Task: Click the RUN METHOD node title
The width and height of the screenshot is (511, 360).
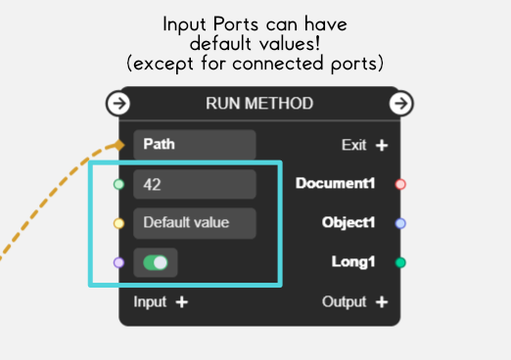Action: tap(259, 103)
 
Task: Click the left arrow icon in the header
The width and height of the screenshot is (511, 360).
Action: tap(117, 103)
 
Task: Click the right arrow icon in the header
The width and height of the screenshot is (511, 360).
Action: tap(400, 103)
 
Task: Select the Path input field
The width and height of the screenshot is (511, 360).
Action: tap(194, 145)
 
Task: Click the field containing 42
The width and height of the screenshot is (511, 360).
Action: tap(194, 184)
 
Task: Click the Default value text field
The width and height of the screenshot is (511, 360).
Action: tap(194, 223)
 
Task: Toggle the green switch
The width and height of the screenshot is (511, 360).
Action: tap(156, 262)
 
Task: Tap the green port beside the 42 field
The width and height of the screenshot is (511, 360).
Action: tap(119, 184)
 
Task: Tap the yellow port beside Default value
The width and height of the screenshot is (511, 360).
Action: tap(119, 223)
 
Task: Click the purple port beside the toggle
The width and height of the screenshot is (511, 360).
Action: tap(119, 262)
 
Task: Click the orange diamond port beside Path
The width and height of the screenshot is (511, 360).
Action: tap(119, 145)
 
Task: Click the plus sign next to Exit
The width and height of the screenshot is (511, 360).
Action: tap(382, 145)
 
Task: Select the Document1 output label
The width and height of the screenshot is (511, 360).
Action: tap(336, 184)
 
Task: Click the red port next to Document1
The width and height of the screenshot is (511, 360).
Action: tap(399, 184)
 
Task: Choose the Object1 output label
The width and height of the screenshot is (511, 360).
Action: tap(348, 223)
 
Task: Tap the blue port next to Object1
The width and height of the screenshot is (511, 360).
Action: tap(399, 223)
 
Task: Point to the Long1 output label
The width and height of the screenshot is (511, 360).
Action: tap(354, 262)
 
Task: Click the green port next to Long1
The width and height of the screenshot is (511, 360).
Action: tap(399, 262)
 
